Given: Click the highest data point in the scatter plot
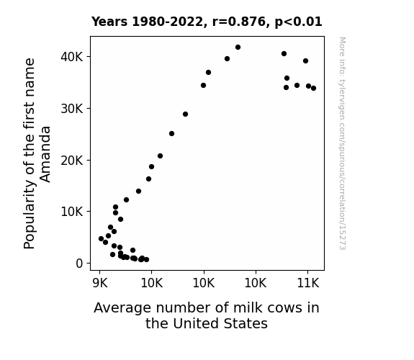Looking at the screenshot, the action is [238, 48].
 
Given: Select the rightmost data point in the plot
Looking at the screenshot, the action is [313, 89].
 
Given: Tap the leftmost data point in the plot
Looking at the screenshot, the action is [101, 239].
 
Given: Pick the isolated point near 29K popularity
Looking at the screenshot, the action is [185, 114].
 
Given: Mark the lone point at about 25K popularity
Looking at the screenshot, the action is [171, 134].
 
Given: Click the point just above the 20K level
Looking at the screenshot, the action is [160, 156].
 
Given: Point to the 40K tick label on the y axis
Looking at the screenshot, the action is [72, 57].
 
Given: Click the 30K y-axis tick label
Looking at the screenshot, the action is [72, 109].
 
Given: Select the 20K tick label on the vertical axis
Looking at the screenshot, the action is [72, 161].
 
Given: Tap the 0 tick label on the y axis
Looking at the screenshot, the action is [79, 264].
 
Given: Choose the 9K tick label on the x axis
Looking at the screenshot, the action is [100, 283].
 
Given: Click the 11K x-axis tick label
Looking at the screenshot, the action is [308, 283].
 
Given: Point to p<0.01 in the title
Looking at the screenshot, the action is [298, 22].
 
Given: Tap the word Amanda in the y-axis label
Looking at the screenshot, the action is [45, 154].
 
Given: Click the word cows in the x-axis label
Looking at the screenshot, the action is [283, 308].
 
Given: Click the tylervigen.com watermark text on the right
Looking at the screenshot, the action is [342, 143].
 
